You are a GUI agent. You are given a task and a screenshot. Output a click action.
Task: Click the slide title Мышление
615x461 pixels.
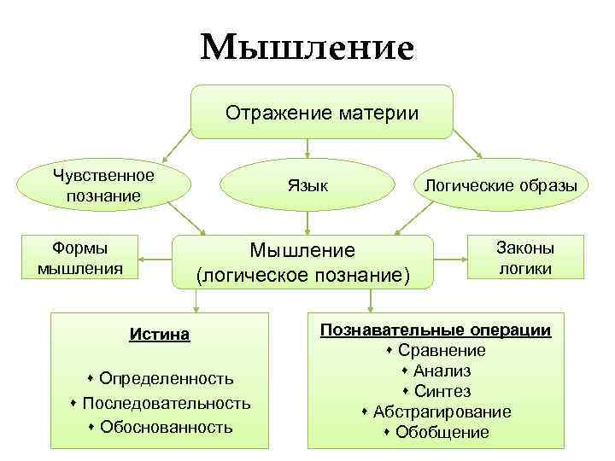click(307, 47)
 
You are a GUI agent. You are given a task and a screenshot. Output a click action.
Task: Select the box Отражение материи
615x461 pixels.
click(321, 112)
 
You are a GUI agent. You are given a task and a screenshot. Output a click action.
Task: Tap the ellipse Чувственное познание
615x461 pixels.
click(102, 185)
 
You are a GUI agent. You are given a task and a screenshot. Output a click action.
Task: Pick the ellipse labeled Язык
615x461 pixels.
click(307, 185)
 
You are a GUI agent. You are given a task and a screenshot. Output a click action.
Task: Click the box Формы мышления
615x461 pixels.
click(79, 258)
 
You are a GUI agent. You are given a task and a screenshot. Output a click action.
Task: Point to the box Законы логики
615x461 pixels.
click(525, 258)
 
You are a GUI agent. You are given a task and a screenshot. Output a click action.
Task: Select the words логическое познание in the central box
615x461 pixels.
click(303, 276)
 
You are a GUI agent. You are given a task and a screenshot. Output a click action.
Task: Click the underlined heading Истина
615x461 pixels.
click(160, 334)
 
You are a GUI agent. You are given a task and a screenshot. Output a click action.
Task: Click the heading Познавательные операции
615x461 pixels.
click(436, 330)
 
